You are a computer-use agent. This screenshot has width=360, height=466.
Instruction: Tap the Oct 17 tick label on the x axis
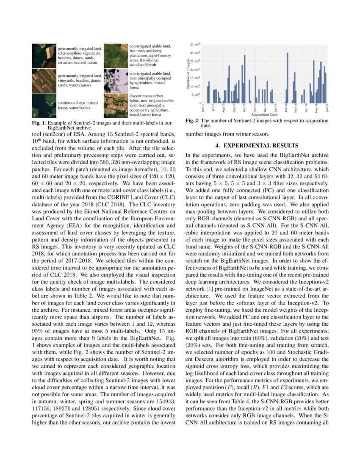(244, 109)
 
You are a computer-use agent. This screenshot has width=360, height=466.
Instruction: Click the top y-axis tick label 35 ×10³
(195, 44)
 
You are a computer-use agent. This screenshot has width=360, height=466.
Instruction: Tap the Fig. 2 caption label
(192, 121)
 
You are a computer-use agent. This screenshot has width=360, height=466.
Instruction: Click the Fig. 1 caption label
(39, 123)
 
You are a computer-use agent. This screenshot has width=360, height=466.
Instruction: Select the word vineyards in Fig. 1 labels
(67, 80)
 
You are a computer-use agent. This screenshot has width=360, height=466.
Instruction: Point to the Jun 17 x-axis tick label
(203, 109)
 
